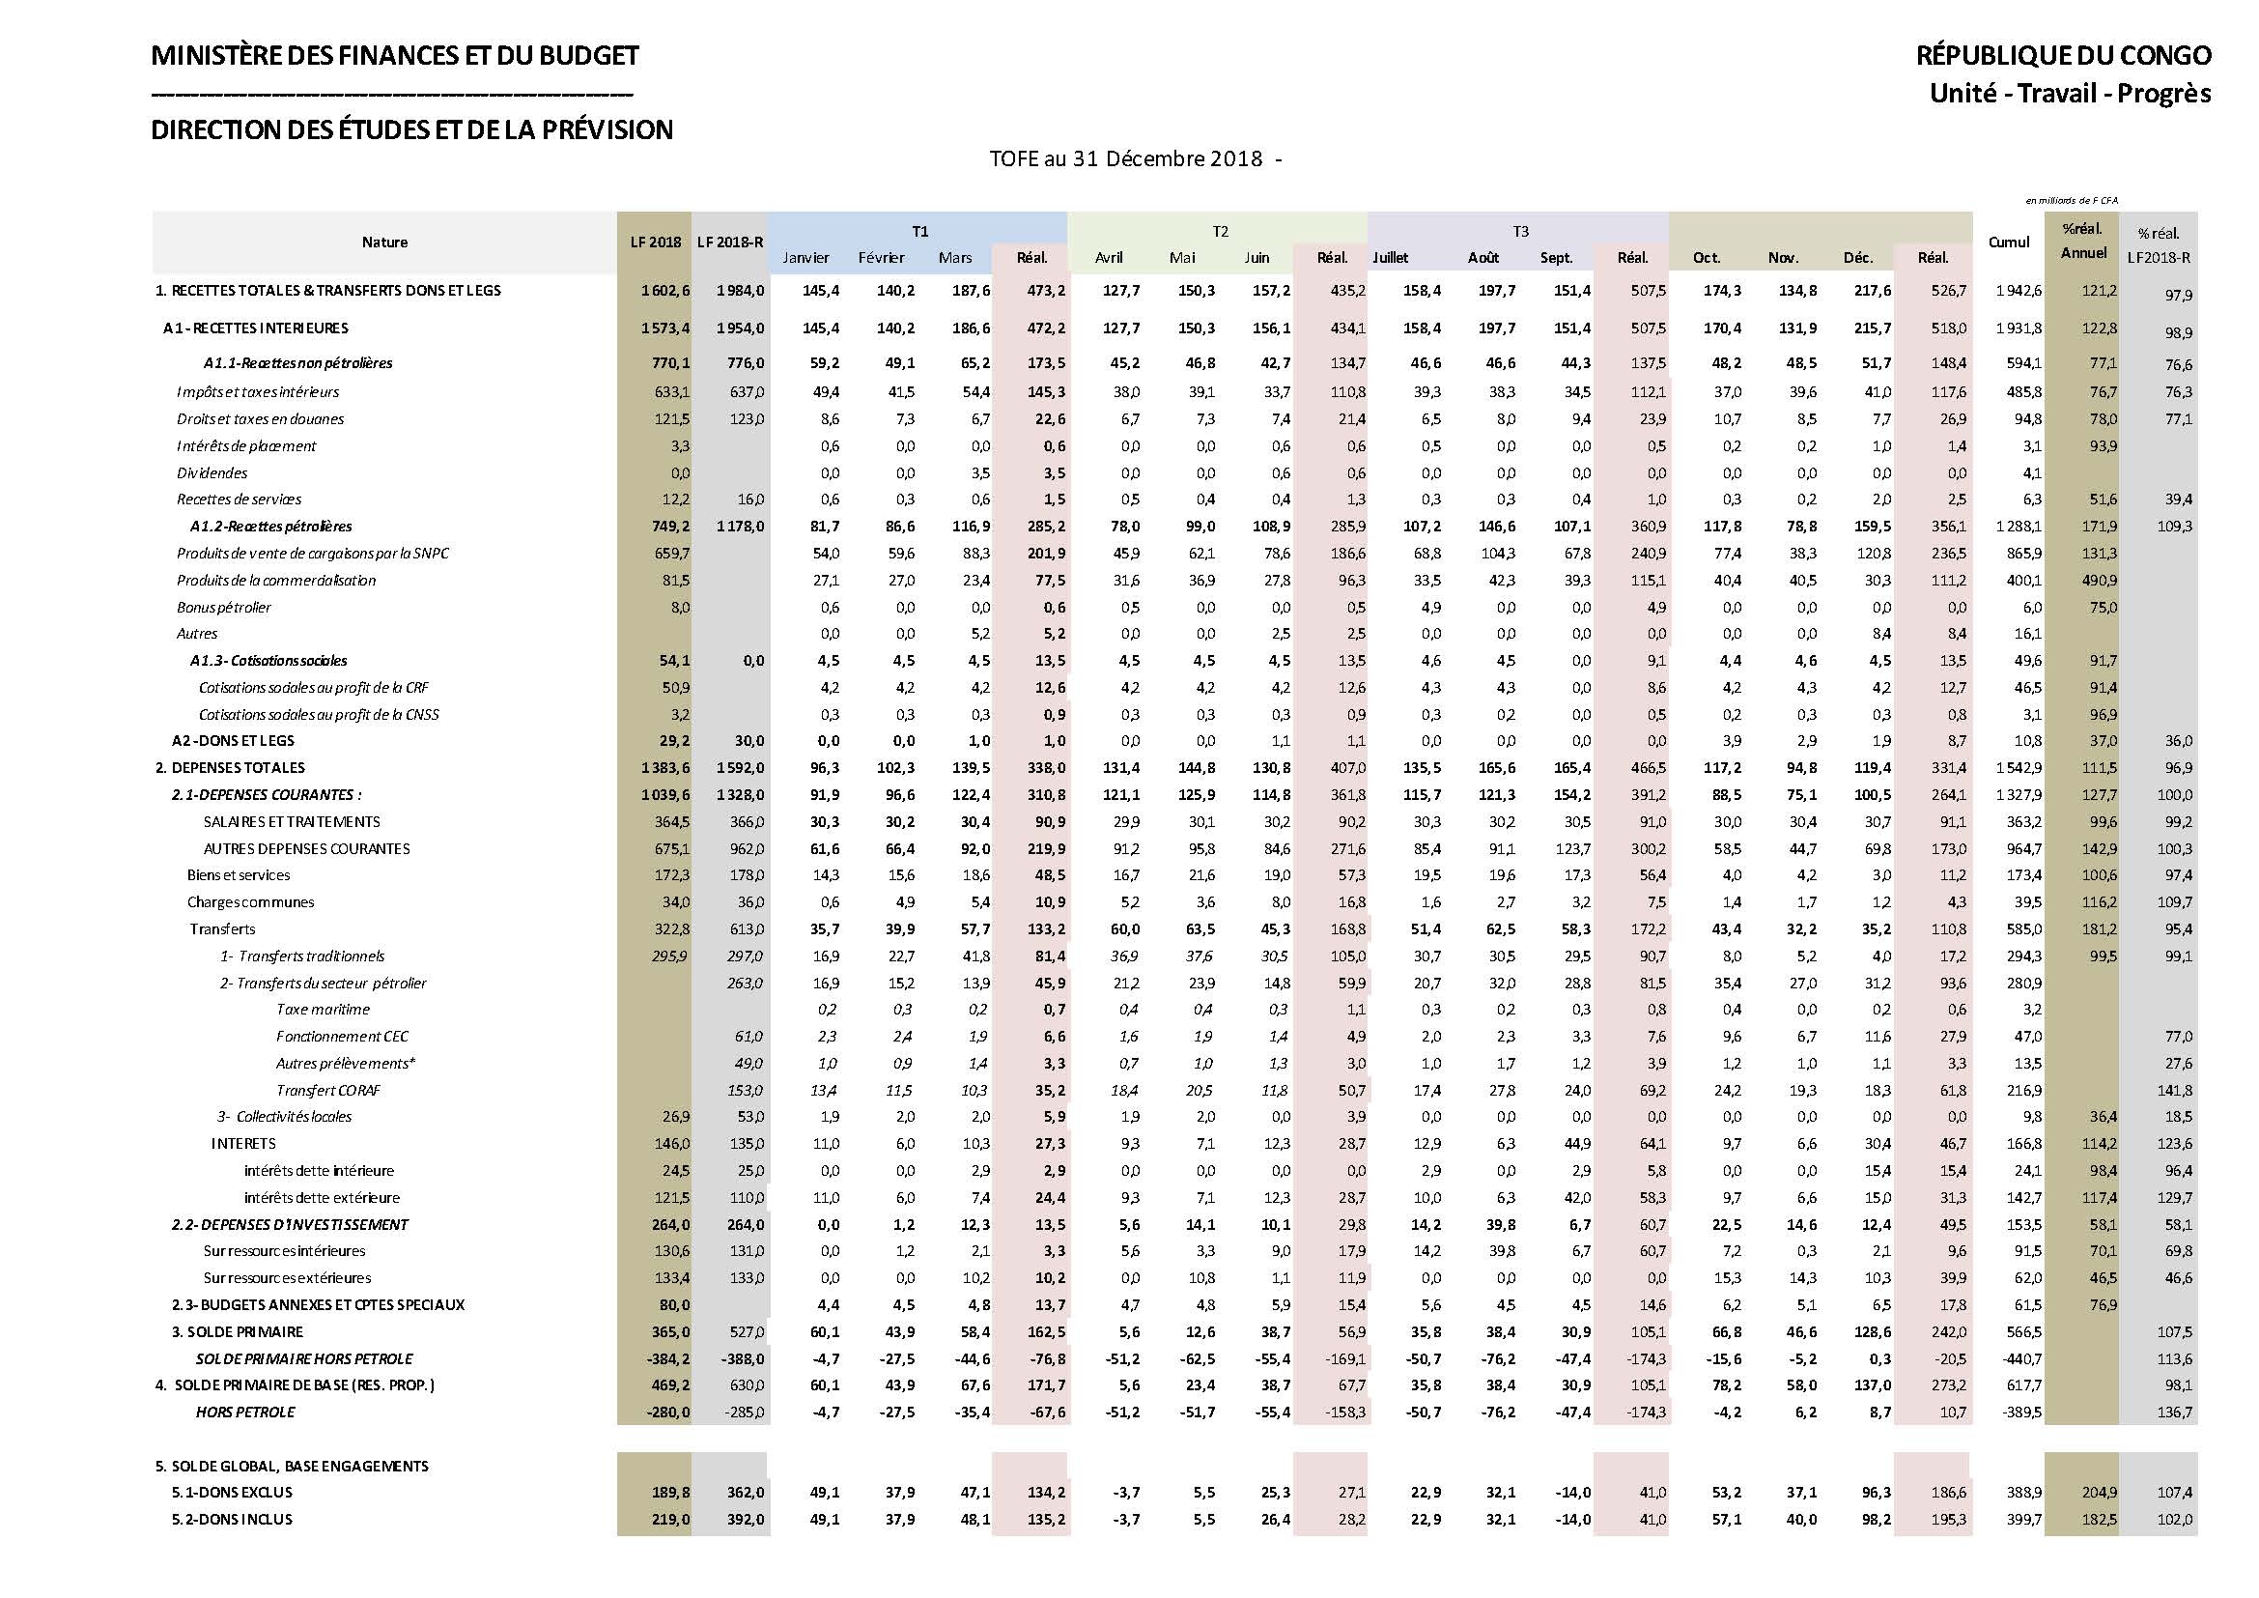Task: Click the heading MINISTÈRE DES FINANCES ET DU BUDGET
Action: [x=395, y=56]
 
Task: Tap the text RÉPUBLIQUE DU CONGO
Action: [x=2062, y=56]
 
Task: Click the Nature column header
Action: [x=383, y=243]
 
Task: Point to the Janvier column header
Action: [x=805, y=258]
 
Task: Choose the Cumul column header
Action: [x=2008, y=243]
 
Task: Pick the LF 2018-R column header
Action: [x=730, y=243]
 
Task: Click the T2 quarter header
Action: [x=1220, y=231]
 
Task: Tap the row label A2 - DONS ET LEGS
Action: [x=233, y=741]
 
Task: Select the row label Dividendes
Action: [x=212, y=473]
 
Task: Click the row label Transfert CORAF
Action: [x=327, y=1090]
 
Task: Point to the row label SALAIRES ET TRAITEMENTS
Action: [x=292, y=821]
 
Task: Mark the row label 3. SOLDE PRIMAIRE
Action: [x=238, y=1332]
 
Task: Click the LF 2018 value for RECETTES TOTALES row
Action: [x=665, y=291]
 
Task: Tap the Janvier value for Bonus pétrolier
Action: [x=830, y=608]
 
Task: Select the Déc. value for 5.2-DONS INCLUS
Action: [x=1877, y=1521]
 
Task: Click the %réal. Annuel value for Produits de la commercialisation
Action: [x=2099, y=581]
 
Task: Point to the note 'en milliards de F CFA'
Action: [x=2071, y=201]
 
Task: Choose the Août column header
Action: [x=1482, y=258]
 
